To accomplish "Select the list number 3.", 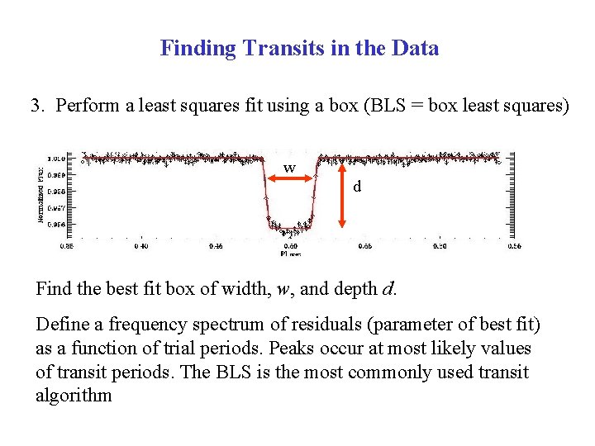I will [36, 106].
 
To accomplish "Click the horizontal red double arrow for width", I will [289, 176].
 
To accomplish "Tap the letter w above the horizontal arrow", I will [289, 168].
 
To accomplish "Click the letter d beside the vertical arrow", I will [357, 187].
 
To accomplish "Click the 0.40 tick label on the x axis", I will [140, 245].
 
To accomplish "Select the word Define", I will [60, 325].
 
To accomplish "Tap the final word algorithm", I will [74, 395].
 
